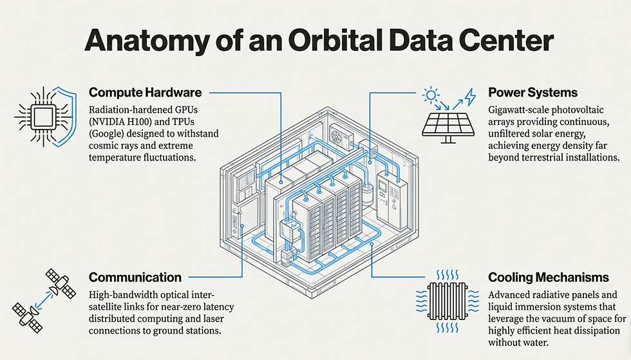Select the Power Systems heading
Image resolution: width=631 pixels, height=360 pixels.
point(532,92)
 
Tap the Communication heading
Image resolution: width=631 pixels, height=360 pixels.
point(135,278)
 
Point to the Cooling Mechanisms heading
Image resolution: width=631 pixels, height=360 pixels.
point(549,278)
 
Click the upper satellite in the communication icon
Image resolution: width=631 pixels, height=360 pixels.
point(61,280)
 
